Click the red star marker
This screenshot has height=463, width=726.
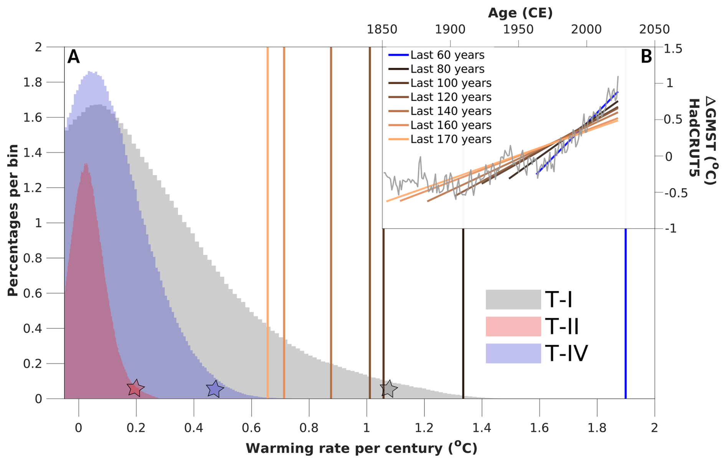(135, 389)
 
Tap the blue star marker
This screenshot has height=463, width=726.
(215, 389)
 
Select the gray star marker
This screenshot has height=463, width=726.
(389, 389)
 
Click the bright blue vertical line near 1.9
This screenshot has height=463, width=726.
(625, 315)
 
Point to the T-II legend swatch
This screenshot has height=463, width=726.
(513, 326)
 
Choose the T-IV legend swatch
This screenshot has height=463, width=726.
(513, 353)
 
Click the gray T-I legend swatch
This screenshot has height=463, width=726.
(513, 299)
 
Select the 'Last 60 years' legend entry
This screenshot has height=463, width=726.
(447, 55)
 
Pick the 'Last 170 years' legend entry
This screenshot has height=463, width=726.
(450, 139)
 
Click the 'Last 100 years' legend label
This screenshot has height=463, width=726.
(450, 83)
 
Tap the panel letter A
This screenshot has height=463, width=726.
(73, 57)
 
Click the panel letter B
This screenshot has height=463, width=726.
(646, 57)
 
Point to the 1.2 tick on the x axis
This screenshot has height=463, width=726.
(424, 427)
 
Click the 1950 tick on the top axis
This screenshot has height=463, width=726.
(518, 29)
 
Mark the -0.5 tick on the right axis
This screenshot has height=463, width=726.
(676, 193)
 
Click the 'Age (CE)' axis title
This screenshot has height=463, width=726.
(520, 13)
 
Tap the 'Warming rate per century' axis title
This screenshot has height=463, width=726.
(361, 448)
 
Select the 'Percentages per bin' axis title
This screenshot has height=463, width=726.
(13, 220)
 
